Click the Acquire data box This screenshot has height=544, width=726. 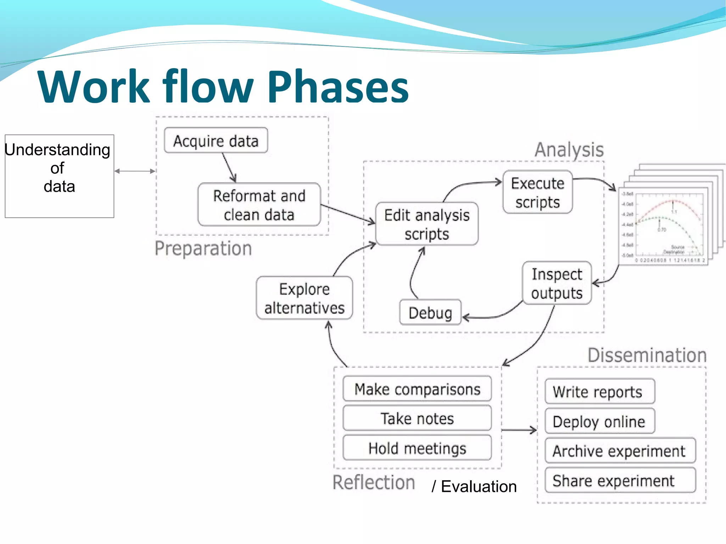click(216, 141)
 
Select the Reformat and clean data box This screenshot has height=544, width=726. click(259, 205)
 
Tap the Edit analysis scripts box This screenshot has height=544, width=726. click(427, 224)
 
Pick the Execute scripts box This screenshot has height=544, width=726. click(537, 192)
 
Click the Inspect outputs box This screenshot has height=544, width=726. click(557, 283)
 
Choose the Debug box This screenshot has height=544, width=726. click(430, 313)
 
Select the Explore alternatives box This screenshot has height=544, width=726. click(304, 298)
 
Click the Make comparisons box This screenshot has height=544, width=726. click(417, 389)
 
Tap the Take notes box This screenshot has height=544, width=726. click(417, 419)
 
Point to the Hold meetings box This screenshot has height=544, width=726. click(417, 448)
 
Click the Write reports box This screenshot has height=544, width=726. click(599, 392)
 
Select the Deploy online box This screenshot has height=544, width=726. click(599, 421)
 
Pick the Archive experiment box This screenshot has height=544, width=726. click(620, 451)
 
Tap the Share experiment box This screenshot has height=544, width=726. click(620, 481)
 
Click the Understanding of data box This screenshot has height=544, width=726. click(59, 176)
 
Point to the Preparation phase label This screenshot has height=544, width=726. click(203, 248)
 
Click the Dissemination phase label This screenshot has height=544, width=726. click(647, 355)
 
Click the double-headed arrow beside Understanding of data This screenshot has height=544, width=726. click(135, 171)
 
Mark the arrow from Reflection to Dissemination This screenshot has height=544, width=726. click(519, 430)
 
